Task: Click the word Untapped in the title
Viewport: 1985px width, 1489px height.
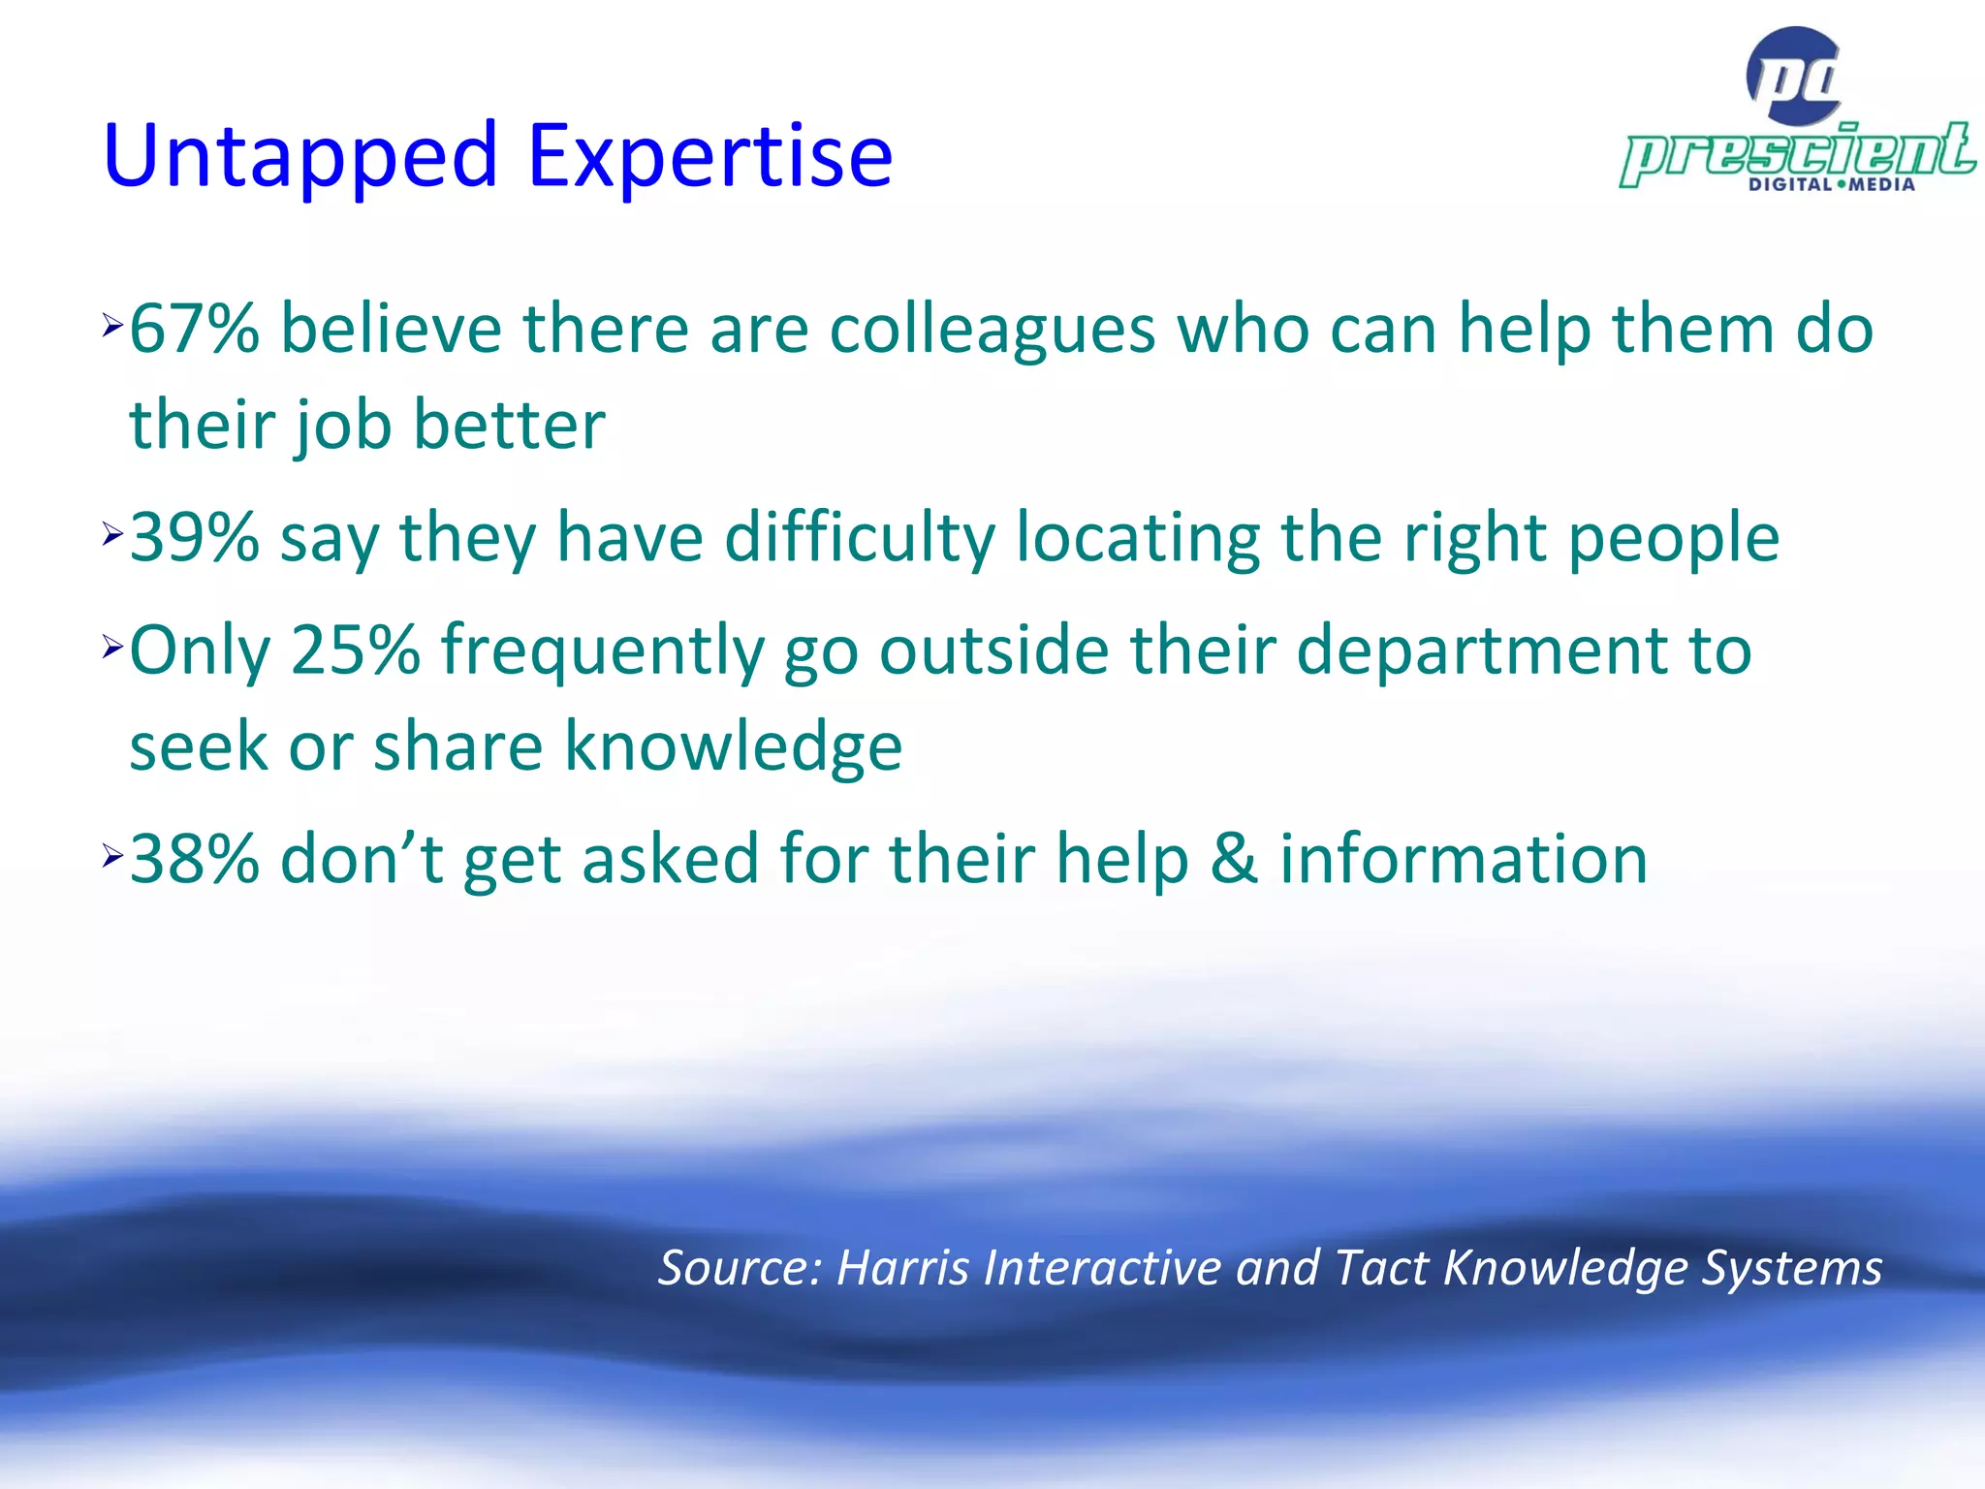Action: pyautogui.click(x=300, y=157)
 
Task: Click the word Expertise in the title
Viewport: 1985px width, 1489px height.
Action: pyautogui.click(x=709, y=157)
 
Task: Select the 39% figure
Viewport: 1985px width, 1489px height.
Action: pyautogui.click(x=194, y=538)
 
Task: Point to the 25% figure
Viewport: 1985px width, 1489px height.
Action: pyautogui.click(x=355, y=649)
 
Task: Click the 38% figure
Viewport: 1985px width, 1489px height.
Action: pyautogui.click(x=194, y=860)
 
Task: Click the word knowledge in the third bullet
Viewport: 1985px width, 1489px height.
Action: pyautogui.click(x=734, y=746)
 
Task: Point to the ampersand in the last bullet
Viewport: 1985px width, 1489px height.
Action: pyautogui.click(x=1234, y=860)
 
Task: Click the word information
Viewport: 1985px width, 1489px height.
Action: pyautogui.click(x=1464, y=860)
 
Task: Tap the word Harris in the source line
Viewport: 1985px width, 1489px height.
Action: pyautogui.click(x=902, y=1268)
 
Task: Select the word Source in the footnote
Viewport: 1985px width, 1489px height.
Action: pyautogui.click(x=740, y=1268)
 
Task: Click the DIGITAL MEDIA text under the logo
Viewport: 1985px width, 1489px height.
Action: pyautogui.click(x=1831, y=185)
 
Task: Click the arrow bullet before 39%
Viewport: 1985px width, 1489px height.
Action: pyautogui.click(x=112, y=534)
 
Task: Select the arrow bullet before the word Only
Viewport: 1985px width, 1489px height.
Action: pyautogui.click(x=112, y=648)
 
